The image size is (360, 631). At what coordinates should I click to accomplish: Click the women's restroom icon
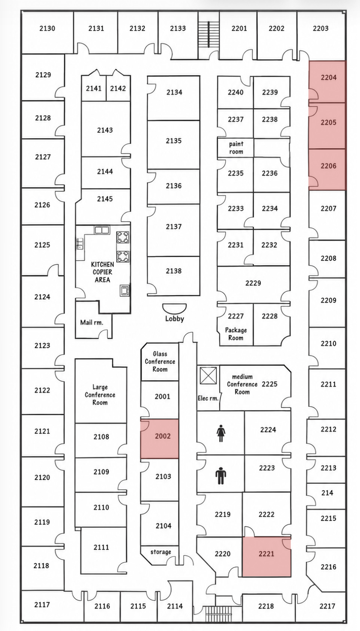pos(221,435)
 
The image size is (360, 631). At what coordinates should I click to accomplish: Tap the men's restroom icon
pos(221,476)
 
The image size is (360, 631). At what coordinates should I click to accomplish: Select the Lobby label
pos(174,318)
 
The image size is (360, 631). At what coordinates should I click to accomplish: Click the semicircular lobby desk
pos(174,308)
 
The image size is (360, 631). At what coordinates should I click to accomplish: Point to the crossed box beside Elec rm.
pos(208,375)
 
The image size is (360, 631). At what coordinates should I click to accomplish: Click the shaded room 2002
pos(160,439)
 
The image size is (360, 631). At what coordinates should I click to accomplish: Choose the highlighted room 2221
pos(266,556)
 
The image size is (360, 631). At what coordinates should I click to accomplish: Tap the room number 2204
pos(329,77)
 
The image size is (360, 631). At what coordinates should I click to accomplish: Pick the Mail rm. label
pos(92,322)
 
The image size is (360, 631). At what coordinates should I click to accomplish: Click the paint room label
pos(236,148)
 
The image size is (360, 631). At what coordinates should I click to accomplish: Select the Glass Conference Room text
pos(160,361)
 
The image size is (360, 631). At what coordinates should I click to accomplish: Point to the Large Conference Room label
pos(100,395)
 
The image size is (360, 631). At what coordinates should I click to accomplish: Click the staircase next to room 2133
pos(208,34)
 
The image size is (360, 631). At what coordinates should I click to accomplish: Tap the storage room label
pos(161,552)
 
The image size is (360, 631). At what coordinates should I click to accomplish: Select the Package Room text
pos(236,334)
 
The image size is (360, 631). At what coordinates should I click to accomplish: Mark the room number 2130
pos(47,28)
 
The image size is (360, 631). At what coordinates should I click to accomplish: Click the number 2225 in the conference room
pos(270,384)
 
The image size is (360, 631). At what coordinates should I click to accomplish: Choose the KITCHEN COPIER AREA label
pos(102,272)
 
